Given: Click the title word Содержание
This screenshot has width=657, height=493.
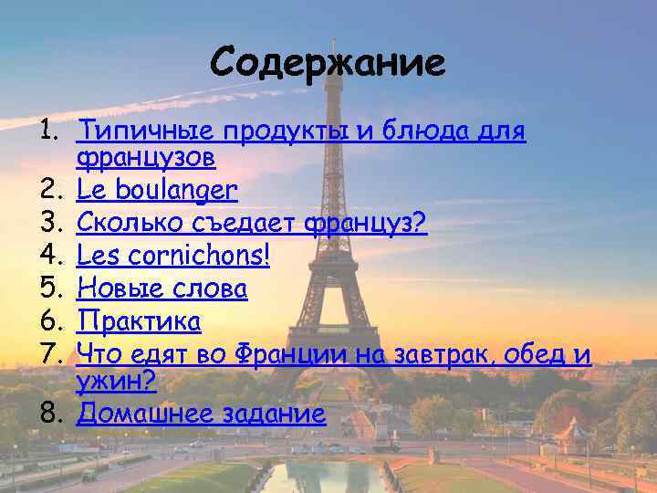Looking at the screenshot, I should [328, 63].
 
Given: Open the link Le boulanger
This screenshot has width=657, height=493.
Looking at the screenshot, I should [157, 190].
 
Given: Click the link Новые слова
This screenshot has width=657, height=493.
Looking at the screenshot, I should [162, 288].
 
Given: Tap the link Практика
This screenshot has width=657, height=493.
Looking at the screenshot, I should [139, 320].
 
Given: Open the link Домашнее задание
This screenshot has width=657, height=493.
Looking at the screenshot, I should [201, 414].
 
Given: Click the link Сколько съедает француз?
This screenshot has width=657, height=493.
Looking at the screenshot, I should [252, 223].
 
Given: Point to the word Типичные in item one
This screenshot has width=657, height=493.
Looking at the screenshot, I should [133, 131].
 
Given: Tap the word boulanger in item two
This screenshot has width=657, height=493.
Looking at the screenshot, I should [182, 190].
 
